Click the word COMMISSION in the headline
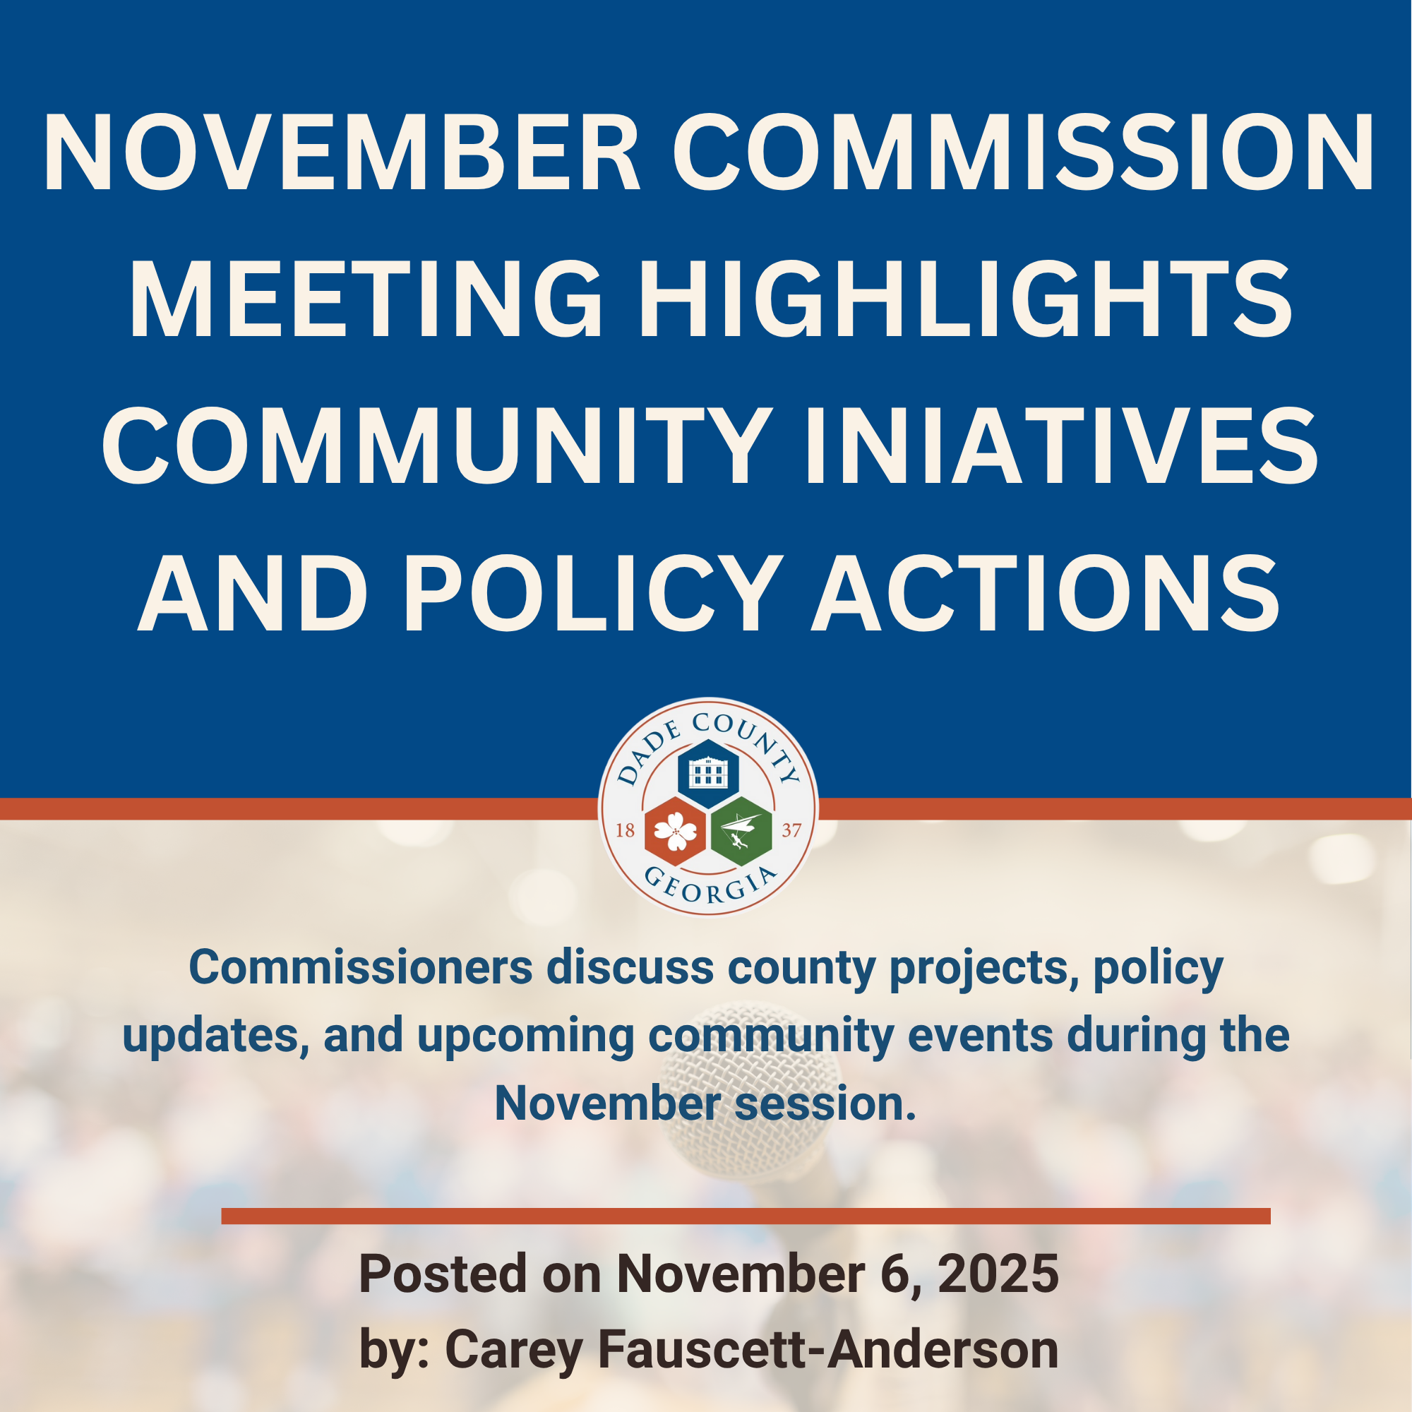tap(1023, 152)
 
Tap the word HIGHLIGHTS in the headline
tap(967, 299)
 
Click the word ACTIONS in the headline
tap(1046, 593)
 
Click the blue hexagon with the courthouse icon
tap(707, 772)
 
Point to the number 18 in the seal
tap(625, 831)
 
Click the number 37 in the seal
tap(791, 831)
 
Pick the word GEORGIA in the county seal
tap(707, 887)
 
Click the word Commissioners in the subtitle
tap(360, 968)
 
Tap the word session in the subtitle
tap(825, 1103)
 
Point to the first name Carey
tap(514, 1349)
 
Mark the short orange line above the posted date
tap(746, 1216)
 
